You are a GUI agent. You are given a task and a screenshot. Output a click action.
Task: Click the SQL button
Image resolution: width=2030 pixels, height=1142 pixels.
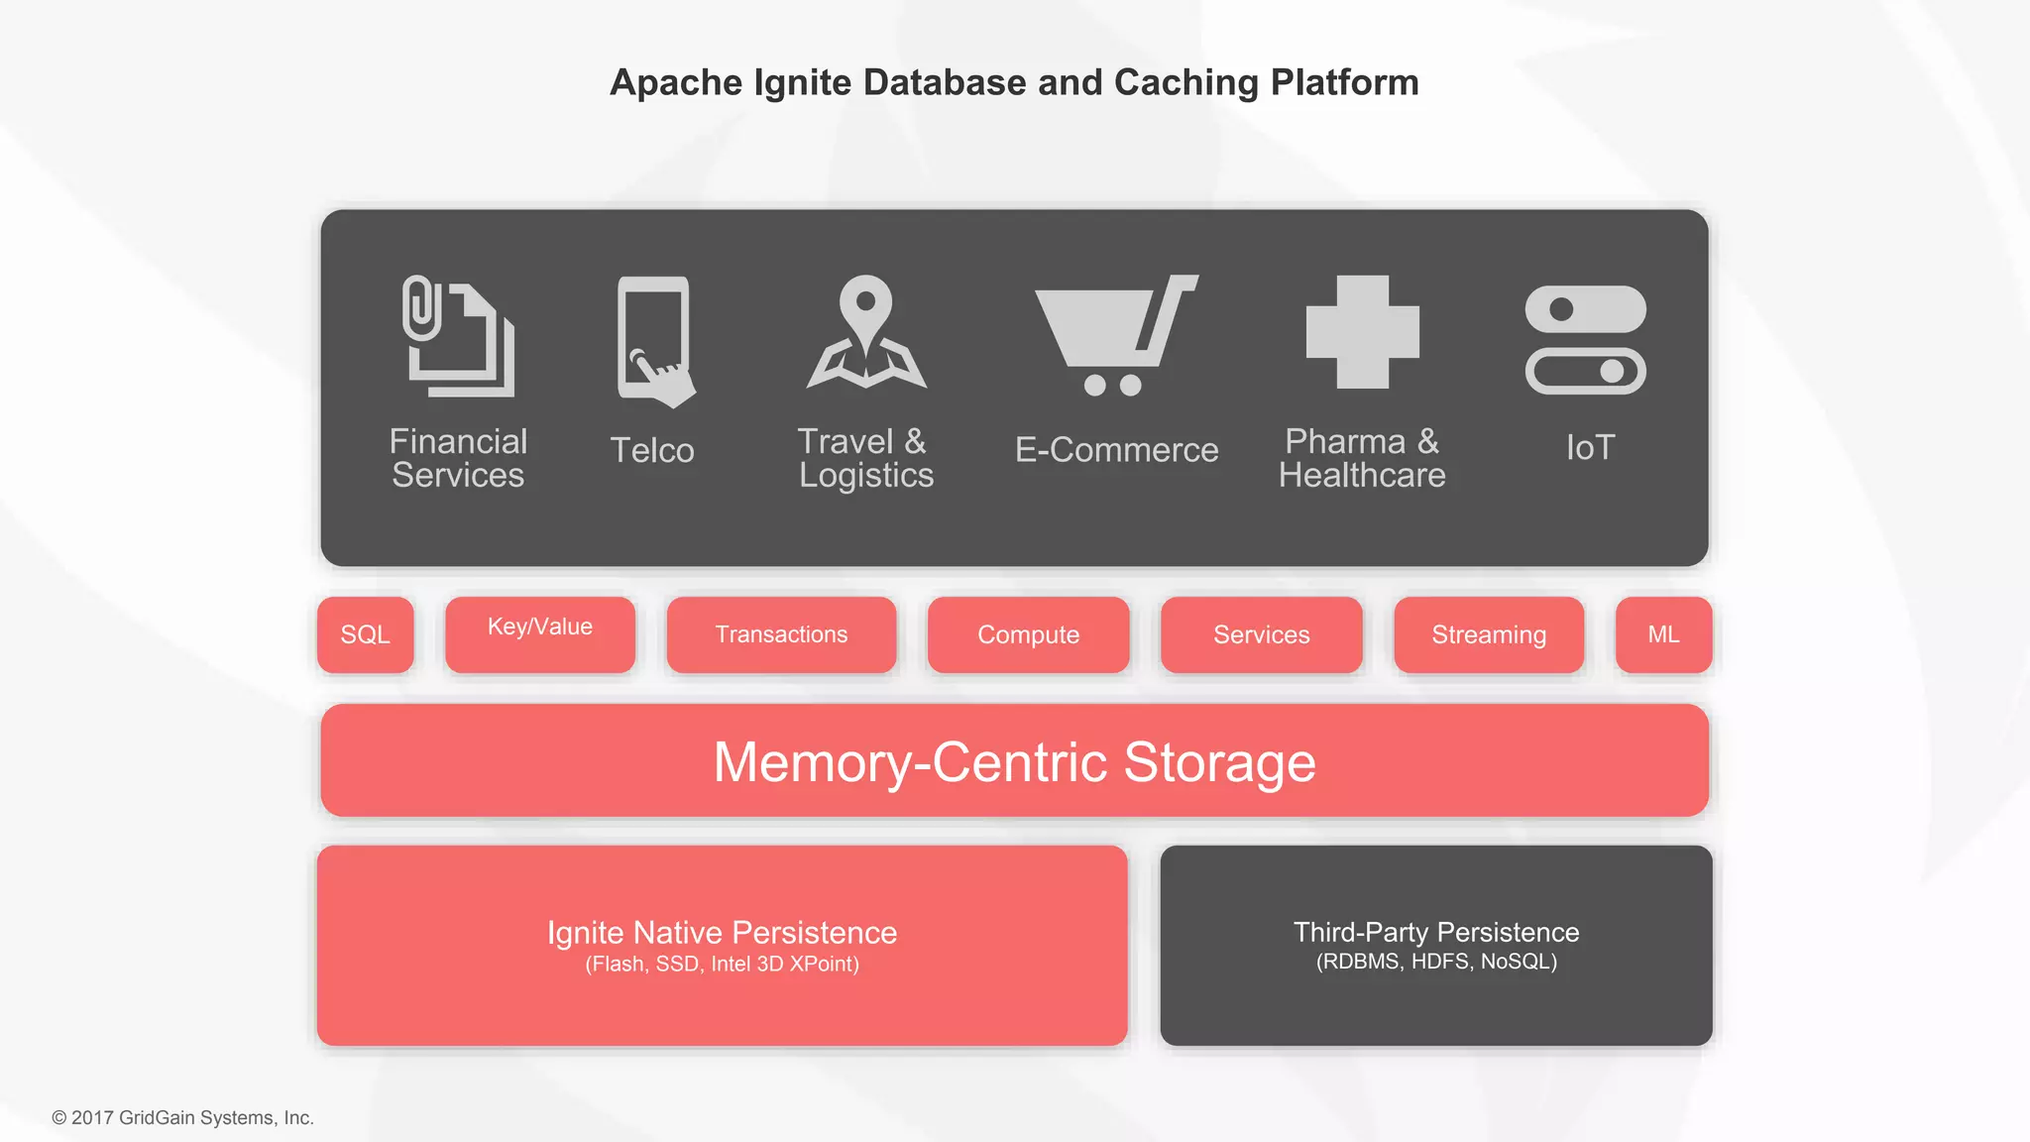click(365, 634)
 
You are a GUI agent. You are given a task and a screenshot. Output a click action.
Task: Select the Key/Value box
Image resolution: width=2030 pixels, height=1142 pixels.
click(540, 634)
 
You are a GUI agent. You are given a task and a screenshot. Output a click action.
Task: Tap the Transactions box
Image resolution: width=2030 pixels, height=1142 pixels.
click(781, 634)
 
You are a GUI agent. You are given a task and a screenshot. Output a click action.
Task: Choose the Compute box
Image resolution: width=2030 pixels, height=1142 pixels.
click(1028, 634)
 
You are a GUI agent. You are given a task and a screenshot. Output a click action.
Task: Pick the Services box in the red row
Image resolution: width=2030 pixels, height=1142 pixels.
click(1261, 634)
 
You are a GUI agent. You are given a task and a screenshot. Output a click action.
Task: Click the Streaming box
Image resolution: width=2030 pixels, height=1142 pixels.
click(1489, 634)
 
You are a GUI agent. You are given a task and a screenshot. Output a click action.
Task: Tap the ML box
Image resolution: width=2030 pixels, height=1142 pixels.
click(1663, 634)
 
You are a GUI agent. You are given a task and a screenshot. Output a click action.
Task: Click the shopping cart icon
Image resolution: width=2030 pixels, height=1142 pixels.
click(1115, 335)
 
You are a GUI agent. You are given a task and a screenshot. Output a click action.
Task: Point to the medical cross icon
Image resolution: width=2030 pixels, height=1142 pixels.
click(1362, 332)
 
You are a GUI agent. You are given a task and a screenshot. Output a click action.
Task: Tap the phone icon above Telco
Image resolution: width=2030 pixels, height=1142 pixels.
click(653, 340)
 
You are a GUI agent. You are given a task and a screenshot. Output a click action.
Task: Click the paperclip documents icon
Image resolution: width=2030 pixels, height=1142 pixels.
click(458, 336)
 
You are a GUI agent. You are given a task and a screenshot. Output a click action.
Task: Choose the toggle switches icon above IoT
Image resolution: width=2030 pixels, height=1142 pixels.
click(1585, 340)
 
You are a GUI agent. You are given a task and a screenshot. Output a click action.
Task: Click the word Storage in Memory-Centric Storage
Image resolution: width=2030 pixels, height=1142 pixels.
click(1219, 762)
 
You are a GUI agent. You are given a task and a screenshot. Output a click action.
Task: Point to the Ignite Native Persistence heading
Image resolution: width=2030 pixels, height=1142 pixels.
click(722, 932)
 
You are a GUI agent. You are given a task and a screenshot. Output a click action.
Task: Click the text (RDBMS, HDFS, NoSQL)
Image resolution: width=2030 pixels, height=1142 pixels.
click(1436, 962)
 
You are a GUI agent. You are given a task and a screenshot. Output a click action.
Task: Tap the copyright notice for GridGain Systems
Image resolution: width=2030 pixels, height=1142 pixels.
click(183, 1117)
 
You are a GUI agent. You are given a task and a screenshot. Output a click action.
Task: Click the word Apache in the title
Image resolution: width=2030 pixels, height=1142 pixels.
click(676, 82)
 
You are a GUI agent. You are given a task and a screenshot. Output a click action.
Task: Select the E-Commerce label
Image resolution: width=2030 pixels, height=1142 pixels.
click(1116, 450)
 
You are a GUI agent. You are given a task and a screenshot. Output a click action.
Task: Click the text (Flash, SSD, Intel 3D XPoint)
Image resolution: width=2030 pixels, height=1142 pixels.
click(722, 964)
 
